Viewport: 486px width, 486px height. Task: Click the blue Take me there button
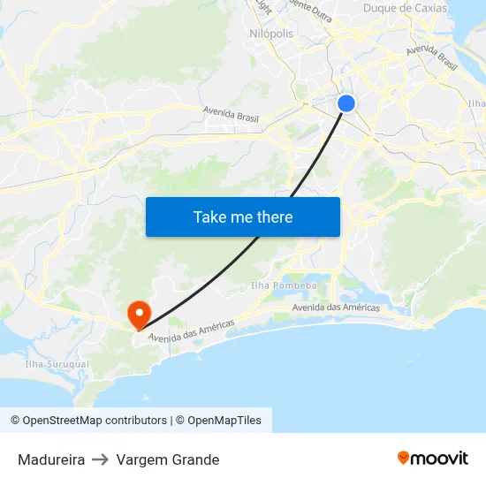click(243, 216)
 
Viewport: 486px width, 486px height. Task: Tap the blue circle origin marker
click(346, 103)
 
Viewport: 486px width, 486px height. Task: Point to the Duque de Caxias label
click(406, 8)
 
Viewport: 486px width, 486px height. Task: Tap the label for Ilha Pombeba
click(284, 285)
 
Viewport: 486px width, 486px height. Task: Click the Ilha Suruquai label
click(57, 363)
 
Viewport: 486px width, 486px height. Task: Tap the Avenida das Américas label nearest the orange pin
click(192, 331)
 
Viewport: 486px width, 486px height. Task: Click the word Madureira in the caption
click(51, 459)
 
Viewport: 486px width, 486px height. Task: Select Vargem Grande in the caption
click(168, 459)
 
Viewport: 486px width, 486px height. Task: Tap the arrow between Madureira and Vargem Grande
click(101, 459)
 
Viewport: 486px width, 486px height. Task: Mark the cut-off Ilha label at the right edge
click(476, 103)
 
